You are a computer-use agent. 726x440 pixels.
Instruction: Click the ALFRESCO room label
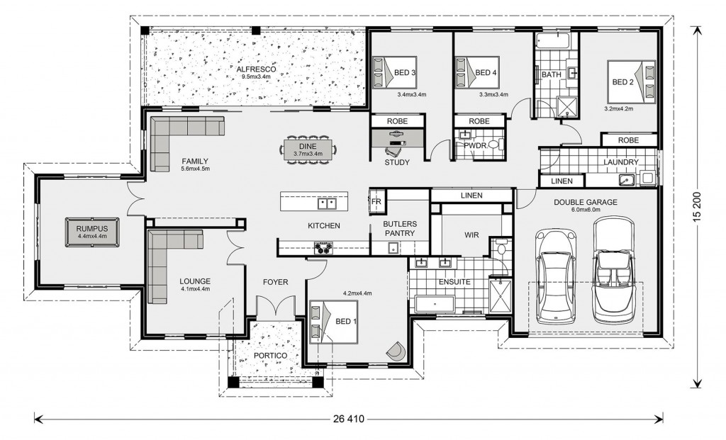(x=256, y=69)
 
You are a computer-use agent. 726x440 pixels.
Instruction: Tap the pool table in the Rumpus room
(x=91, y=232)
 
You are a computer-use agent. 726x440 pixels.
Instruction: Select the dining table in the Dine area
(x=308, y=150)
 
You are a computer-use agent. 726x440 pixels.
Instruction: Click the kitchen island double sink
(x=327, y=203)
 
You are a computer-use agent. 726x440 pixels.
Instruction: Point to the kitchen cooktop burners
(x=323, y=248)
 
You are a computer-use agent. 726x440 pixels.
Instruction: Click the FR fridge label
(x=376, y=202)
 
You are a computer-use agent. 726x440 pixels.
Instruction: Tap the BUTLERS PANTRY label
(x=400, y=229)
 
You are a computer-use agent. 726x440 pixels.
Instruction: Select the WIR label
(x=471, y=235)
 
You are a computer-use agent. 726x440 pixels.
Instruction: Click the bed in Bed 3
(x=394, y=72)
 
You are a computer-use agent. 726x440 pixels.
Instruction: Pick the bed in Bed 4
(x=477, y=72)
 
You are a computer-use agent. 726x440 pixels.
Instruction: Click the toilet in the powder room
(x=493, y=145)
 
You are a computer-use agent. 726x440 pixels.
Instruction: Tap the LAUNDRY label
(x=621, y=162)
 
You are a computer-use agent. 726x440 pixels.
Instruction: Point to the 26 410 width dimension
(x=349, y=419)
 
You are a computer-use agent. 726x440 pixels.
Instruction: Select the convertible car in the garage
(x=615, y=271)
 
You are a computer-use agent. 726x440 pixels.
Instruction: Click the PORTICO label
(x=270, y=356)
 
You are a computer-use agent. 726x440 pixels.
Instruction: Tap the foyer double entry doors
(x=276, y=307)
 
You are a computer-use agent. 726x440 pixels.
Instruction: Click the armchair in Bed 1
(x=397, y=351)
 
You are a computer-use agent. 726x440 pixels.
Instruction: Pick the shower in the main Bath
(x=566, y=107)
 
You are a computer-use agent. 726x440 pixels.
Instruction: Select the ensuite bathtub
(x=435, y=305)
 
